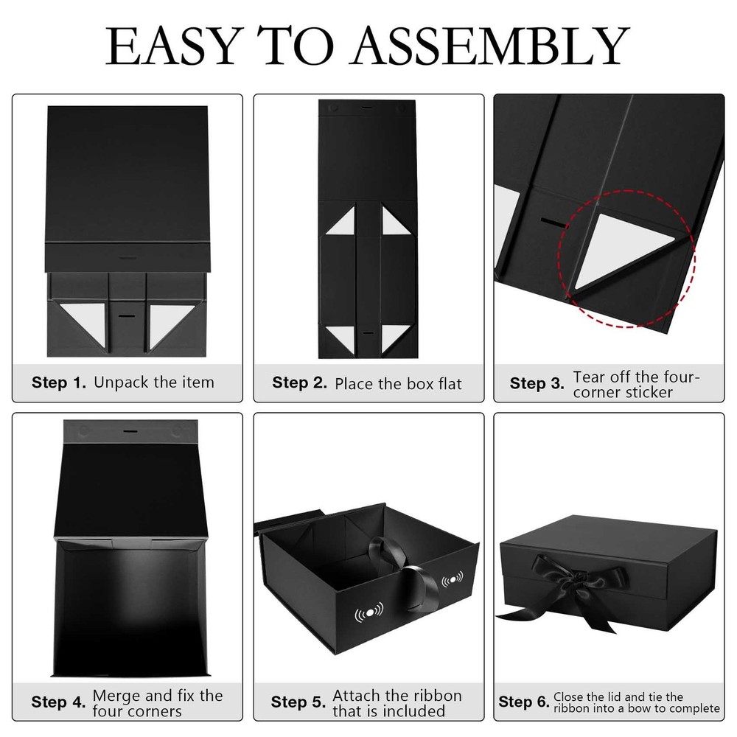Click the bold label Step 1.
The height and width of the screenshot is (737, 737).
(x=59, y=383)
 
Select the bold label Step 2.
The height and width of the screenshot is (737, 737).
(x=299, y=383)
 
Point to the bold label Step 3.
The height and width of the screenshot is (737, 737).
(x=537, y=383)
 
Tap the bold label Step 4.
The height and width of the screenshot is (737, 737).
(x=58, y=702)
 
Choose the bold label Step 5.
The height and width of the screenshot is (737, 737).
(x=298, y=702)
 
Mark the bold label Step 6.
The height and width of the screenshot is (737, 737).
(x=523, y=702)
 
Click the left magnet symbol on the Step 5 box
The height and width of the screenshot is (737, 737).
(x=369, y=612)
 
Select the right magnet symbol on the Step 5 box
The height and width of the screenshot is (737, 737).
(x=453, y=579)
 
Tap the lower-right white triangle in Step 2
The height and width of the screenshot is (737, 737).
(x=395, y=335)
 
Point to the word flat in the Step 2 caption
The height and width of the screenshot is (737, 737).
(x=450, y=383)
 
